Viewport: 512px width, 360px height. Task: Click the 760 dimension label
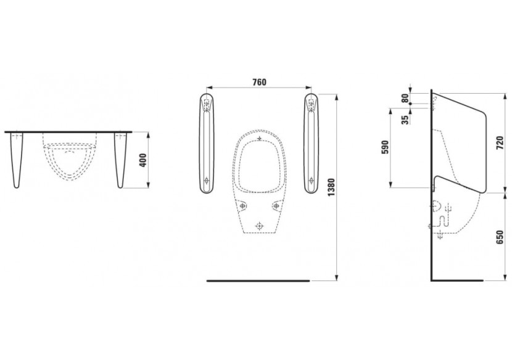click(x=259, y=82)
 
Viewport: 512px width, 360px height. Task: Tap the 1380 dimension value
click(x=331, y=187)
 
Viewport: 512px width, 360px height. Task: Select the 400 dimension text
click(x=143, y=160)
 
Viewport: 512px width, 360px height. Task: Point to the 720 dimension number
click(x=500, y=142)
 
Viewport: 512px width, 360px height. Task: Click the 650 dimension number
click(x=500, y=237)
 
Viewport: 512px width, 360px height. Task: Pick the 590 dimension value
click(x=386, y=147)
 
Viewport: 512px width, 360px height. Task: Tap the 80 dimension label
click(x=405, y=98)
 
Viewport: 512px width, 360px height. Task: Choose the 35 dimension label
click(x=405, y=120)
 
